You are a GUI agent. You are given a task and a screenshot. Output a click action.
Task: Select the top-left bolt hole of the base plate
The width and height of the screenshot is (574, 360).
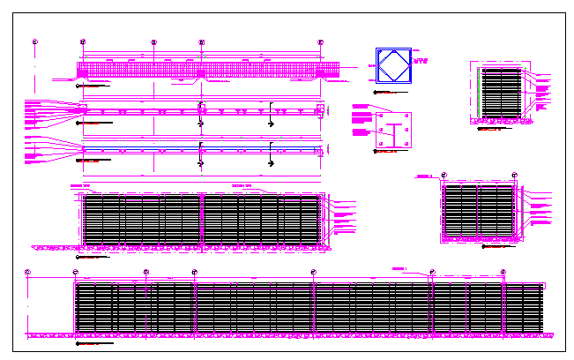click(x=380, y=116)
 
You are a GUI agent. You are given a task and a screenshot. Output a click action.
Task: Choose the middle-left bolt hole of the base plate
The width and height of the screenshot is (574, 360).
click(x=380, y=131)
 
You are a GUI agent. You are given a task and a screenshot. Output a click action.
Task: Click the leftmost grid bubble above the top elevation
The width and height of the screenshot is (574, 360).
click(x=34, y=41)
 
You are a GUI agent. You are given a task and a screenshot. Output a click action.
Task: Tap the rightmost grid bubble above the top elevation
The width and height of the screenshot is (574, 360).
click(x=320, y=41)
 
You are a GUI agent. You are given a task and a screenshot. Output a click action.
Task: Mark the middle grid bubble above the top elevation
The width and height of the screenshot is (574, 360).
click(x=153, y=41)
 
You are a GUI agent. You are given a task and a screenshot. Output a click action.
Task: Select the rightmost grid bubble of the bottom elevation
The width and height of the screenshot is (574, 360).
click(x=503, y=272)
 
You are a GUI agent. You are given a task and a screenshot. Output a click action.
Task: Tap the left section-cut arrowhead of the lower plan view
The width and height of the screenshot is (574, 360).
click(x=202, y=163)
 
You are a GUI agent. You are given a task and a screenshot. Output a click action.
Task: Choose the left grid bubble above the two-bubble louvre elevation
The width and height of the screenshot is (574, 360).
click(x=443, y=175)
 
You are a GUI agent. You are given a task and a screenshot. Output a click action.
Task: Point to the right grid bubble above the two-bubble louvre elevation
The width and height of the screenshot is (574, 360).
click(x=514, y=175)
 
